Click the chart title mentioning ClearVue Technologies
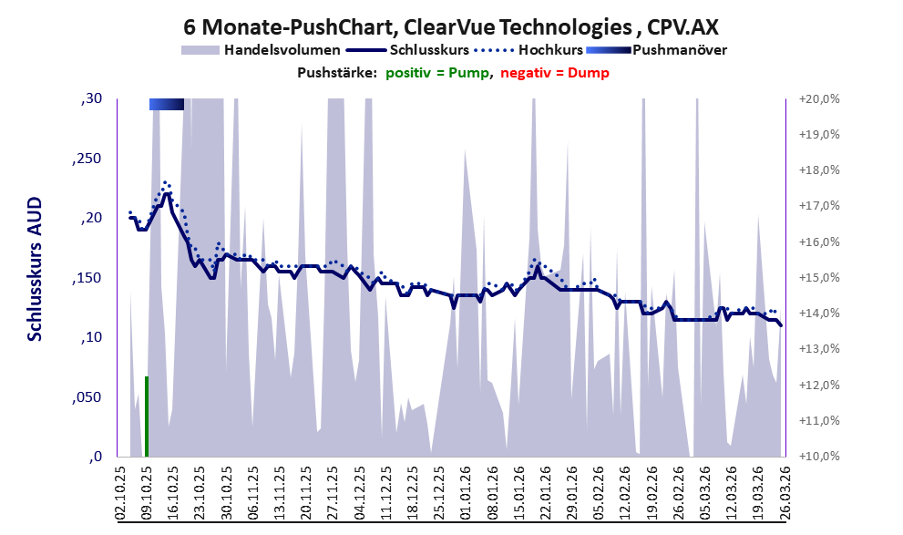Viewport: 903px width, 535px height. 451,26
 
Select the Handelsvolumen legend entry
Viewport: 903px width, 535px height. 261,50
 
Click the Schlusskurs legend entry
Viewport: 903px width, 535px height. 408,50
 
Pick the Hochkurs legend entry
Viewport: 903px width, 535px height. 528,50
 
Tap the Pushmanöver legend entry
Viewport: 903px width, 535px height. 656,50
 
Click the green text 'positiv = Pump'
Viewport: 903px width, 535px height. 437,73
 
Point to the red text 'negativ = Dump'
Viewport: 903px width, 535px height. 555,73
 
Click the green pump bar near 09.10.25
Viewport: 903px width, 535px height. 147,417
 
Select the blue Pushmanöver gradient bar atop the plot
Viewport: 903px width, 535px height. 167,104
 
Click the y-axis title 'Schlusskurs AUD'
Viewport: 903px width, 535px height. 36,269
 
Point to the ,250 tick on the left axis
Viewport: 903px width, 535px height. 87,159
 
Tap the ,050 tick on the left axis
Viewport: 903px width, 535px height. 87,396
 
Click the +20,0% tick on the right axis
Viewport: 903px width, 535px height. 819,99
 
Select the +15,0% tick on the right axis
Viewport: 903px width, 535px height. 819,278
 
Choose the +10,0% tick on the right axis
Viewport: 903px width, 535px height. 819,456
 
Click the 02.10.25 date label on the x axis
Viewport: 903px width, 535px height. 121,493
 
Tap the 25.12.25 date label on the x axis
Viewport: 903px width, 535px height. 439,493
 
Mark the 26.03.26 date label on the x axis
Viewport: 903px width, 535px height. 784,493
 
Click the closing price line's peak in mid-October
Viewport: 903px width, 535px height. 167,193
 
